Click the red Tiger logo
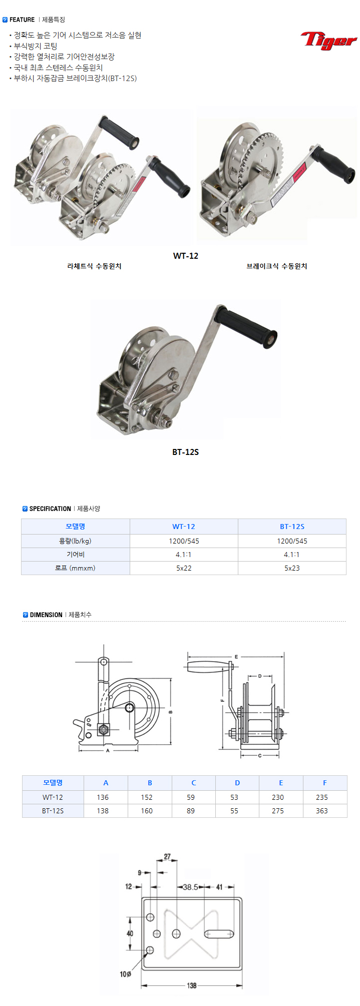tap(328, 40)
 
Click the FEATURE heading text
tap(22, 20)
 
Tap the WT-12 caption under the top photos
tap(186, 256)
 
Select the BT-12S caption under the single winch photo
tap(186, 452)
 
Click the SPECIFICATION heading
tap(50, 509)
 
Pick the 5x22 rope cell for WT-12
tap(184, 568)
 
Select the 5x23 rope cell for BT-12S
tap(292, 568)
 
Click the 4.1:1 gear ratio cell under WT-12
tap(184, 555)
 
